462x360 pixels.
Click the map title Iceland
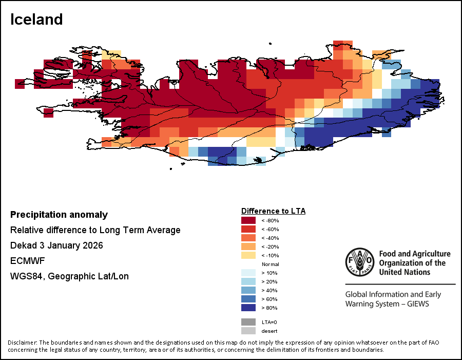[36, 20]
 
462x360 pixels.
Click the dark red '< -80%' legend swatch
[248, 220]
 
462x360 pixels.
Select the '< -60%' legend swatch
[248, 229]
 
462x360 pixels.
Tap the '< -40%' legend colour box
[248, 238]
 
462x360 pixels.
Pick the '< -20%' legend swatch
[248, 247]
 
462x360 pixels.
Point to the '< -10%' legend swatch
[248, 255]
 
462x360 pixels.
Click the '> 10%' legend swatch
[248, 273]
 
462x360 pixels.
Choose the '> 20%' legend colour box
[248, 281]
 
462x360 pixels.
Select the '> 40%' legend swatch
[248, 290]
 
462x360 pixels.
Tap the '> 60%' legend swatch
[248, 299]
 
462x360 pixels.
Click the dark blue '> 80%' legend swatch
[248, 308]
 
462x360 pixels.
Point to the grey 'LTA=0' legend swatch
[248, 322]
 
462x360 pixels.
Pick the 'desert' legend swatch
[248, 331]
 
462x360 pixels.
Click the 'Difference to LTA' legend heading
[273, 211]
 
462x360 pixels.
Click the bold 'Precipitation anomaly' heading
[59, 215]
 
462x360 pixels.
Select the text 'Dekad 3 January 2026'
[56, 245]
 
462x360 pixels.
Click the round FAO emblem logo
[359, 261]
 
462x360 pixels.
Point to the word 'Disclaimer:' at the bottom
[23, 343]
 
